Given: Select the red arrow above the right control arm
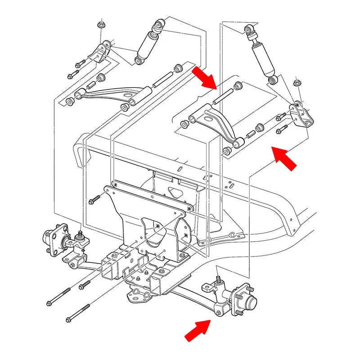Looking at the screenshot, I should click(205, 77).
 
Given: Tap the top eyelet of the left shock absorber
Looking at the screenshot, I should click(160, 23).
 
